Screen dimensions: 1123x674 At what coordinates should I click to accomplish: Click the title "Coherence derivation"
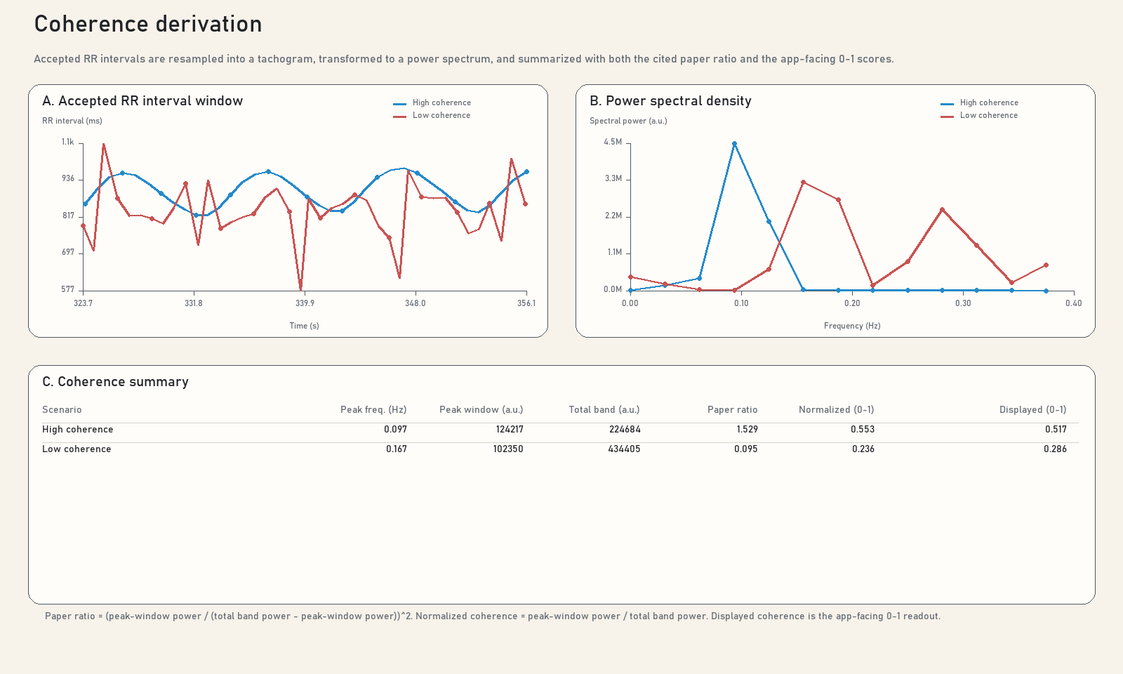click(148, 24)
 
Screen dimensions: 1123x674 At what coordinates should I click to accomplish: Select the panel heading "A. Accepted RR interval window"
click(142, 101)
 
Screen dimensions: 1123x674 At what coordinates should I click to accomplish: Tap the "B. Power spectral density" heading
click(670, 101)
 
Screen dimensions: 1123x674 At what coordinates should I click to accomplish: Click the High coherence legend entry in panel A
click(432, 103)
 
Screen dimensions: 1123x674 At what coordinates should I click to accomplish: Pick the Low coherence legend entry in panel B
click(979, 115)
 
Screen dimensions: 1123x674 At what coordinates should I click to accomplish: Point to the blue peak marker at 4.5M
click(734, 144)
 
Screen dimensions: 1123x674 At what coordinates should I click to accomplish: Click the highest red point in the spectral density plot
click(803, 183)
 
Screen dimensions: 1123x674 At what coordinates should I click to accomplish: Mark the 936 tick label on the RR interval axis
click(68, 179)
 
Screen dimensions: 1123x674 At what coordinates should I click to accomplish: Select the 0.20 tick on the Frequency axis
click(852, 303)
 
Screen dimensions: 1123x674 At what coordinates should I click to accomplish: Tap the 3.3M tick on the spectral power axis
click(613, 178)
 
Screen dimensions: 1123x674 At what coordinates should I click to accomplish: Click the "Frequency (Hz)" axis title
click(852, 326)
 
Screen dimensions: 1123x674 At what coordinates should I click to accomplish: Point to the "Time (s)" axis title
click(305, 326)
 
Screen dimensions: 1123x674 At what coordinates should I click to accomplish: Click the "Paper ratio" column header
click(733, 410)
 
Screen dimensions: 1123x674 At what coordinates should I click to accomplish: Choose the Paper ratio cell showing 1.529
click(747, 429)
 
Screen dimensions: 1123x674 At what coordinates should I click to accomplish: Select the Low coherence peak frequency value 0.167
click(397, 449)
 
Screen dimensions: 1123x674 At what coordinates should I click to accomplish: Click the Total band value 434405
click(624, 449)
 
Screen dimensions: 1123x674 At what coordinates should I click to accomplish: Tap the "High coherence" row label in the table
click(78, 429)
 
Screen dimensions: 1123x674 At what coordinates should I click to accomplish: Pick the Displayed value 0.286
click(1056, 449)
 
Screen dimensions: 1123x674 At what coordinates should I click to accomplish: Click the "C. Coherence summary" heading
click(115, 382)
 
